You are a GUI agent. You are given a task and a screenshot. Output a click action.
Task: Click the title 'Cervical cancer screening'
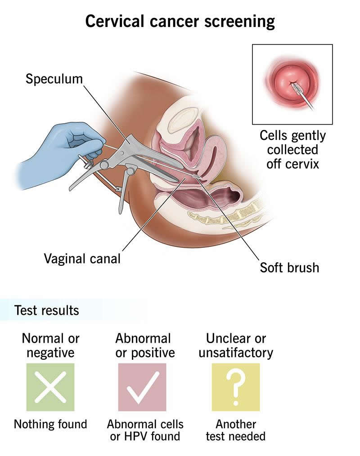[180, 21]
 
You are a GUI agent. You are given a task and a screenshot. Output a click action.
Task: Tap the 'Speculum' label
[54, 79]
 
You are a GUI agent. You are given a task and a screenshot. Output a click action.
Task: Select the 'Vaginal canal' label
[82, 259]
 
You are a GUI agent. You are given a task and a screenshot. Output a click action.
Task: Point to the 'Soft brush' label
[289, 268]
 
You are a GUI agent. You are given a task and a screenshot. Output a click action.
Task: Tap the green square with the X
[50, 387]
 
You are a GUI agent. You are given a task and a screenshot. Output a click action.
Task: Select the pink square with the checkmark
[142, 387]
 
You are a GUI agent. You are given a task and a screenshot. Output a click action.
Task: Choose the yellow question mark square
[236, 387]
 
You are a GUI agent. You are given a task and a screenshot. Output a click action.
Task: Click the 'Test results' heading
[46, 310]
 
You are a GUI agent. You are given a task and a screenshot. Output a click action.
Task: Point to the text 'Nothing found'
[50, 424]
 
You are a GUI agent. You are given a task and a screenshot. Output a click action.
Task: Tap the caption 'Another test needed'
[236, 430]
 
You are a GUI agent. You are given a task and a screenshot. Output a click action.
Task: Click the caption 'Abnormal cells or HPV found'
[145, 430]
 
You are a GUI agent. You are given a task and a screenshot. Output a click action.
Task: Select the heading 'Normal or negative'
[50, 345]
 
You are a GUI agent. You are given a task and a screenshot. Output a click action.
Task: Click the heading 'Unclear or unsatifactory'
[236, 345]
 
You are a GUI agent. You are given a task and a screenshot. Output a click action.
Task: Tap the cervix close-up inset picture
[292, 84]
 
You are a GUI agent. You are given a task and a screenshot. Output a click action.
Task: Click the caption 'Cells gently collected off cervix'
[292, 149]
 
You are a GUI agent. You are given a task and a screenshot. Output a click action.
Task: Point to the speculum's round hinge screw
[104, 165]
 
